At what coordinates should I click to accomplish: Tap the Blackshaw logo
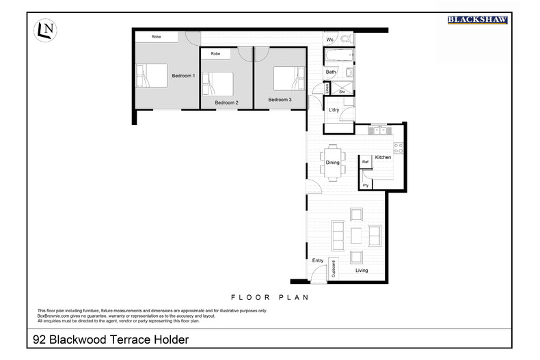[477, 20]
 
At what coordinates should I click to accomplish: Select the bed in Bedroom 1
[152, 75]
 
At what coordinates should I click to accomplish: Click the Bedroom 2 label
[226, 102]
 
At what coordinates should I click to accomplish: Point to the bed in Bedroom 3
[287, 78]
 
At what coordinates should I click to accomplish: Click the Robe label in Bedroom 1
[156, 36]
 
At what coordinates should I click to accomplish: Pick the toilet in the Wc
[345, 40]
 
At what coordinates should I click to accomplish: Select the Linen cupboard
[327, 88]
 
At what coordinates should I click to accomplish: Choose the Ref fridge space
[366, 162]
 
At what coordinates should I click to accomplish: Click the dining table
[333, 163]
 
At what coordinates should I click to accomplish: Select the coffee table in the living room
[355, 236]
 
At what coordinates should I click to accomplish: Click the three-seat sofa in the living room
[337, 236]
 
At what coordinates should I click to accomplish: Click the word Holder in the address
[165, 339]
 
